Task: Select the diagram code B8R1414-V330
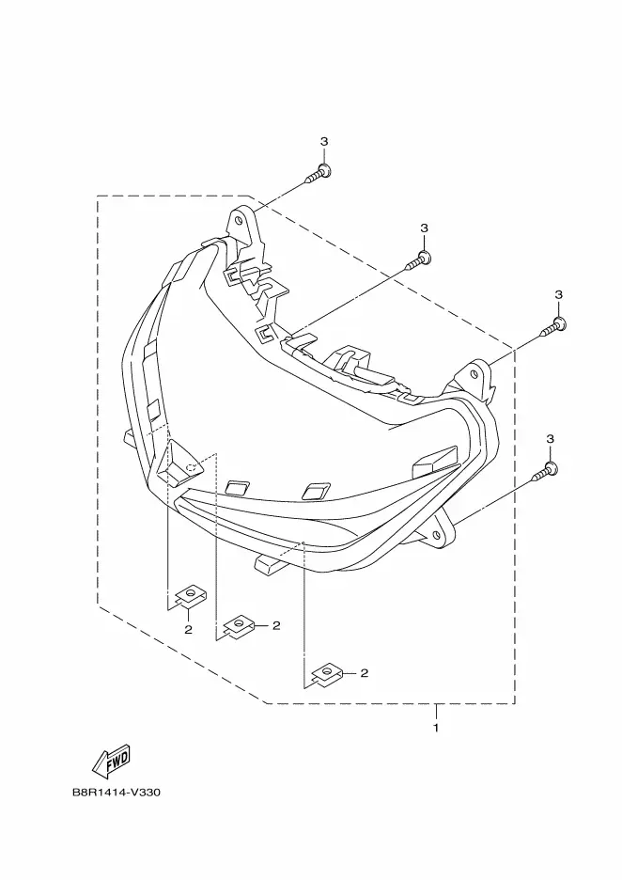117,793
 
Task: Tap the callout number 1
436,728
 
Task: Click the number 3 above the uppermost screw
324,142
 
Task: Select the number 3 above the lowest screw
552,439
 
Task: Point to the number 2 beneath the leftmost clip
188,629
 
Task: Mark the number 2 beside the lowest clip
364,673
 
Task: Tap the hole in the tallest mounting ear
241,222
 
